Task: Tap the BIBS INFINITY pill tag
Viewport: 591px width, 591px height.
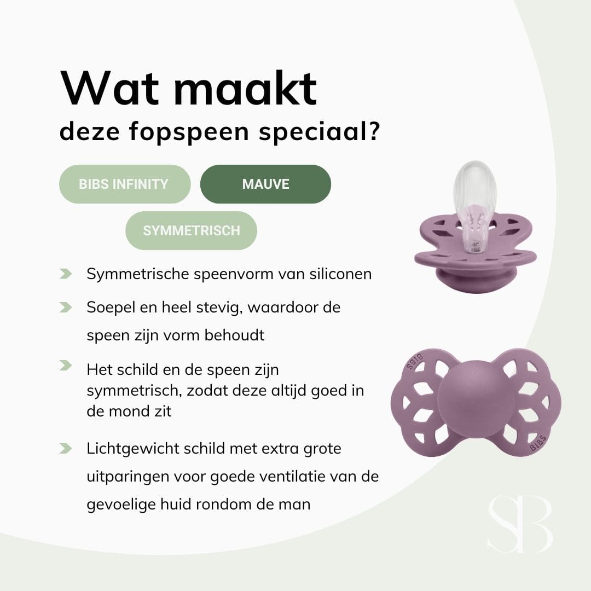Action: tap(124, 184)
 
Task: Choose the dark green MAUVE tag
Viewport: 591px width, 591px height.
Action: tap(265, 184)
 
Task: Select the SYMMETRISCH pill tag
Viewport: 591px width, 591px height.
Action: tap(191, 230)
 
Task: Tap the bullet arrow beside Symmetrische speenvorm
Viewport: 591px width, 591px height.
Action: tap(66, 273)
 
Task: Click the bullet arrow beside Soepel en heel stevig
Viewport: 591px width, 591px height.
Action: tap(66, 307)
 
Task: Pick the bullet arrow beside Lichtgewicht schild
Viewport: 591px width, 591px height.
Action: tap(66, 449)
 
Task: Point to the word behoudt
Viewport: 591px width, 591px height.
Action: tap(234, 335)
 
